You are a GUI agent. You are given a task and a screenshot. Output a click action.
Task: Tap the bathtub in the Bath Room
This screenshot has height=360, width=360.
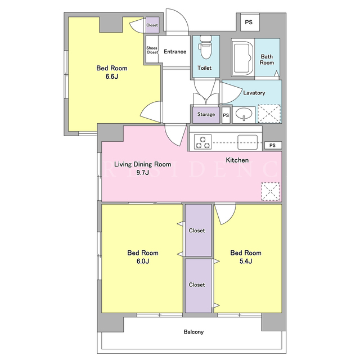pos(242,57)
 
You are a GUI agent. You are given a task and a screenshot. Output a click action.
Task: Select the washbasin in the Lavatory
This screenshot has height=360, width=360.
pos(244,114)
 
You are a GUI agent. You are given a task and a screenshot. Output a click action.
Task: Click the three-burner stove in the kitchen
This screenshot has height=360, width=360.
pos(202,142)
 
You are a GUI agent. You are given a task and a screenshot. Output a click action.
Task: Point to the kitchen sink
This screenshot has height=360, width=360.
pos(247,142)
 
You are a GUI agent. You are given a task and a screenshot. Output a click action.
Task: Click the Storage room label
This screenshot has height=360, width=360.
pos(206,114)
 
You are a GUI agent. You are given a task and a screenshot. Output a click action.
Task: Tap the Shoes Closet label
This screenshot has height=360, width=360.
pos(152,50)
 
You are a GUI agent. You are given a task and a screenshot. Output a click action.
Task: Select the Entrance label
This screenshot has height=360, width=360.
pos(175,51)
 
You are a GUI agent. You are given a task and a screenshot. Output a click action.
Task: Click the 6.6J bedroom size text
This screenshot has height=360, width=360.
pos(112,76)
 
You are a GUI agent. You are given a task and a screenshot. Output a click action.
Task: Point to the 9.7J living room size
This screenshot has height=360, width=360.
pos(142,173)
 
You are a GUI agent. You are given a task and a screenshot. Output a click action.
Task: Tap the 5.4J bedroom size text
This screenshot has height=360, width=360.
pos(246,261)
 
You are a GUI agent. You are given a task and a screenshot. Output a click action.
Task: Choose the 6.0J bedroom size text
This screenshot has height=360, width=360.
pos(143,261)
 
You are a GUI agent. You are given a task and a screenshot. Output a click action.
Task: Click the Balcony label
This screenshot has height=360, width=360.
pos(193,332)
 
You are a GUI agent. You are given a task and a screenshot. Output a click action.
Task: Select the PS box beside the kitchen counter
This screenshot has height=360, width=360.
pos(273,145)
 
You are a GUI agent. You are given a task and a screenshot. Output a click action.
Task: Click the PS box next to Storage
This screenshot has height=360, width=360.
pos(226,115)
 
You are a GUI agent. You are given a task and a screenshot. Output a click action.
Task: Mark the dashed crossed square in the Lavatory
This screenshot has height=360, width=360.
pos(269,114)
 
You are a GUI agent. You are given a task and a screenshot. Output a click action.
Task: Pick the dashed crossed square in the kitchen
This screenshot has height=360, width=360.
pos(270,191)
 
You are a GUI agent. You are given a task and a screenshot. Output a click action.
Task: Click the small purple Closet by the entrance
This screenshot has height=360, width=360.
pos(152,25)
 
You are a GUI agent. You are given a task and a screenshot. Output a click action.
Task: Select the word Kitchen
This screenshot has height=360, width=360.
pos(237,160)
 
